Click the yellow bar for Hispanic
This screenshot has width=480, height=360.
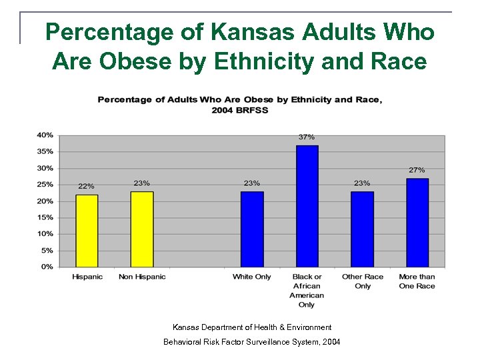(x=87, y=231)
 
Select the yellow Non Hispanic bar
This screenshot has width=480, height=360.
(x=142, y=229)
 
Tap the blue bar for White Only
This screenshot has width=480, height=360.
(x=252, y=229)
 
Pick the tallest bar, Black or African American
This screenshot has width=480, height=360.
(x=307, y=206)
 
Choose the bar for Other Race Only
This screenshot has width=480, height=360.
(x=362, y=229)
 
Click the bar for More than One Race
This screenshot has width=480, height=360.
(x=417, y=223)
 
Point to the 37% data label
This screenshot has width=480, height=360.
(x=307, y=137)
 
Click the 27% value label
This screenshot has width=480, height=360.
(x=417, y=170)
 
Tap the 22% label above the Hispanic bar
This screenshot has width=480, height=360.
(x=87, y=186)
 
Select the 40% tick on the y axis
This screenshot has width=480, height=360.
(x=45, y=135)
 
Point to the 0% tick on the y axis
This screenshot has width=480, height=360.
(x=47, y=267)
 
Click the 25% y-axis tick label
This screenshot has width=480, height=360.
(x=45, y=185)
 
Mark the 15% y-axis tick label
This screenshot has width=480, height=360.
(x=45, y=217)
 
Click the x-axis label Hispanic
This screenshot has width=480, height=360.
(x=87, y=277)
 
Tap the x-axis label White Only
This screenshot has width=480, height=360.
(x=252, y=277)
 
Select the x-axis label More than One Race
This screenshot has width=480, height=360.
(x=417, y=281)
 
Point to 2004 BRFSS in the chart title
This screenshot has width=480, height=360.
(x=240, y=110)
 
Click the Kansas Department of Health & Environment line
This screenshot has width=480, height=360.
(x=252, y=327)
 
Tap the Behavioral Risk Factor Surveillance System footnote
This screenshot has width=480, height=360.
(x=252, y=342)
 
